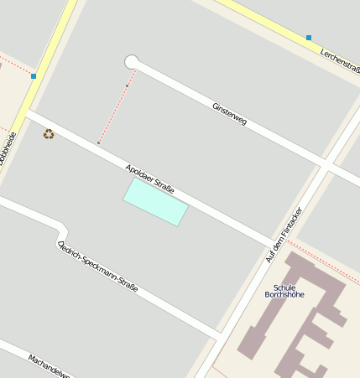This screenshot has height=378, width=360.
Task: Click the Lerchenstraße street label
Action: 339,64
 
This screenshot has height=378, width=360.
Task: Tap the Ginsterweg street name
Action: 229,114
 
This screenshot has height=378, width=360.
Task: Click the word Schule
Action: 284,287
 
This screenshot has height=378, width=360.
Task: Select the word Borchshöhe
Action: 284,295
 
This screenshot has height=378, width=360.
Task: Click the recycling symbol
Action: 49,133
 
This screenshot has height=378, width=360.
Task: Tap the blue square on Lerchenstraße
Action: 309,38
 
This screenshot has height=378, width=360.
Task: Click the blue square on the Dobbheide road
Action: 34,76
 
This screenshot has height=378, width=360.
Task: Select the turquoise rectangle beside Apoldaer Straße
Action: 155,202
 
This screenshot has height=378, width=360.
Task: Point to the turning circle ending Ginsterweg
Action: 131,62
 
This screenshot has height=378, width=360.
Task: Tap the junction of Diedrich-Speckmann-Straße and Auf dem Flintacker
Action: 220,335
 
